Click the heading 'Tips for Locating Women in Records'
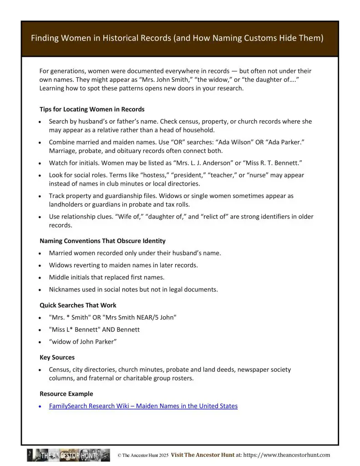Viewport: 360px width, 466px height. click(x=92, y=109)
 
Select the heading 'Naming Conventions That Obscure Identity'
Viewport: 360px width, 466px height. click(x=102, y=241)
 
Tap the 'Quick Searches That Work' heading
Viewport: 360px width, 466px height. click(x=78, y=305)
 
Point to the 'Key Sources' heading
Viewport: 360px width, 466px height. click(x=57, y=357)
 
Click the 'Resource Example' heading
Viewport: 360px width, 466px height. click(x=66, y=394)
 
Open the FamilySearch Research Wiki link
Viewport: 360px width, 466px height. click(x=143, y=406)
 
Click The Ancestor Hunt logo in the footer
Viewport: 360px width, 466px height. click(x=68, y=455)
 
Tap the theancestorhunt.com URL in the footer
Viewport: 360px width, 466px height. click(x=287, y=455)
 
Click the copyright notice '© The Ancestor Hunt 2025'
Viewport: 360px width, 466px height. click(x=143, y=455)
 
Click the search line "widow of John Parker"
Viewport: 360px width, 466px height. click(x=83, y=342)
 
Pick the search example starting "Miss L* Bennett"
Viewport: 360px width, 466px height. click(x=94, y=329)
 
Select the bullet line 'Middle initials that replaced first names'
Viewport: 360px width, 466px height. click(x=106, y=277)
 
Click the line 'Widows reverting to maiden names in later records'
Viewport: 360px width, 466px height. click(x=123, y=265)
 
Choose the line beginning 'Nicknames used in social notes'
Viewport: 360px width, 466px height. click(x=133, y=289)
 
